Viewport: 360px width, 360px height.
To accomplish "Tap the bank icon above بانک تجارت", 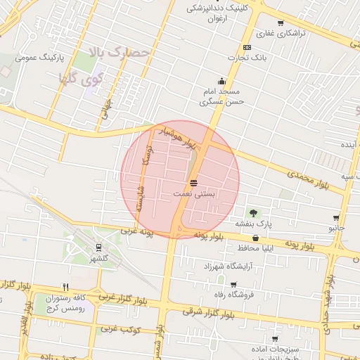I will [247, 47].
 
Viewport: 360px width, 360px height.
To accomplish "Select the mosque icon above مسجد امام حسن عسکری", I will [222, 81].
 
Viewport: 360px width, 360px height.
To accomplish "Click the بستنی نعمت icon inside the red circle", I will [193, 182].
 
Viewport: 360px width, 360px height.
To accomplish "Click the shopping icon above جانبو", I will [336, 218].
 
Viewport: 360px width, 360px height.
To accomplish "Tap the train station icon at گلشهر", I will [98, 247].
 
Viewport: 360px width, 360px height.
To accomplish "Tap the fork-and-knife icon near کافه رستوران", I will [65, 287].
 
